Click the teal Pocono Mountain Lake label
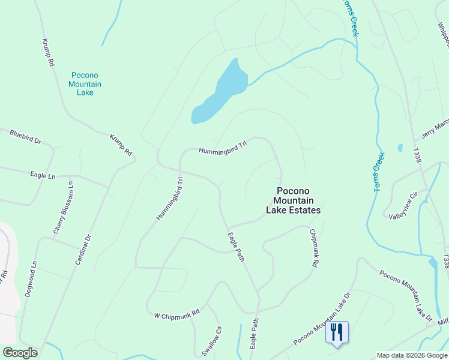[x=85, y=84]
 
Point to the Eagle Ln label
[x=43, y=176]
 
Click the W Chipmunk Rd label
[x=176, y=314]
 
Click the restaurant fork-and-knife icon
[x=337, y=331]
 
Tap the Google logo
[x=20, y=353]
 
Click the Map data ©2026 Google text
[x=412, y=355]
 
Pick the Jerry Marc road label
[x=435, y=128]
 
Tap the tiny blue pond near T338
[x=400, y=147]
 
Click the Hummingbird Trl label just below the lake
[x=223, y=148]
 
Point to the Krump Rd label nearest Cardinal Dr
[x=120, y=145]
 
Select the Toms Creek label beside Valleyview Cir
[x=379, y=172]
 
